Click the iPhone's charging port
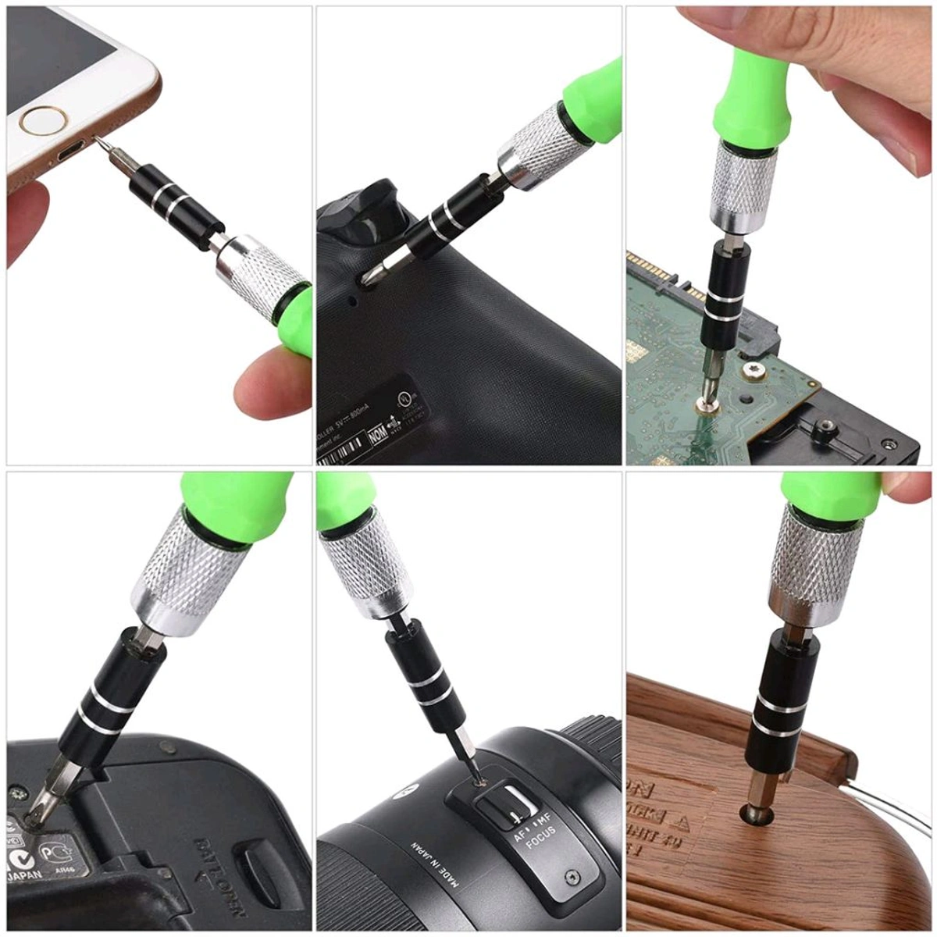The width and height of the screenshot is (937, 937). (x=74, y=149)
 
